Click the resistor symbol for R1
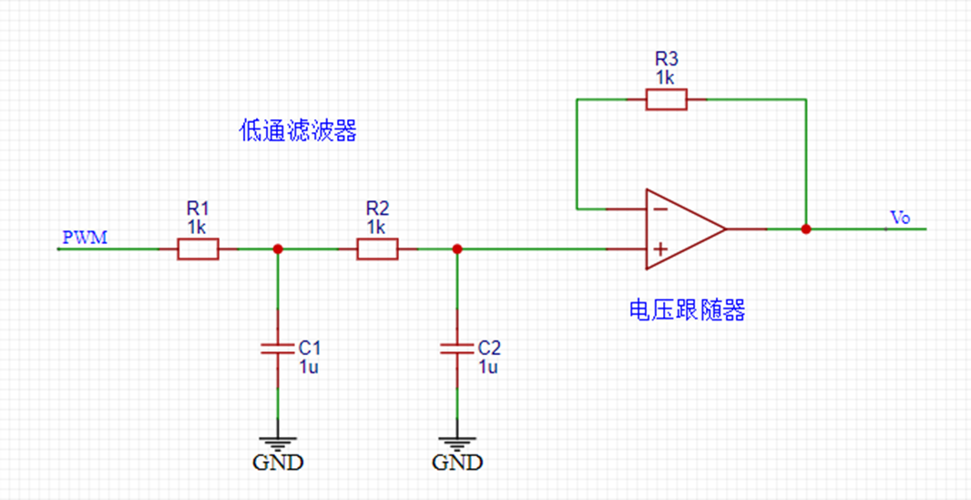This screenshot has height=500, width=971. point(198,249)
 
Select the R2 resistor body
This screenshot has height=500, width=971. point(377,249)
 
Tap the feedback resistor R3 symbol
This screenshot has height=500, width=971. point(666,99)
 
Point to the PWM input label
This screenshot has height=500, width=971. point(85,239)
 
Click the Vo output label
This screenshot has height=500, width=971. point(899,217)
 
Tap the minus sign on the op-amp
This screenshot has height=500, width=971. point(659,209)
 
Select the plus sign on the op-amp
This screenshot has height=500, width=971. point(659,249)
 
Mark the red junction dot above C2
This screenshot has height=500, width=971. point(457,249)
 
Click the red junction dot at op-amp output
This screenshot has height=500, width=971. point(806,229)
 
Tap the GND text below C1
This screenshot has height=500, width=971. point(278,462)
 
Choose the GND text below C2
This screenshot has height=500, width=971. point(457,462)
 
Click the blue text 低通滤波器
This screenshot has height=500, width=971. point(298,132)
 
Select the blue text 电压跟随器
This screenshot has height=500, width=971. point(687,310)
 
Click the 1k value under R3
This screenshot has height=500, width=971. point(665,77)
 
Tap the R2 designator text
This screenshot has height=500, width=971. point(377,208)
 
